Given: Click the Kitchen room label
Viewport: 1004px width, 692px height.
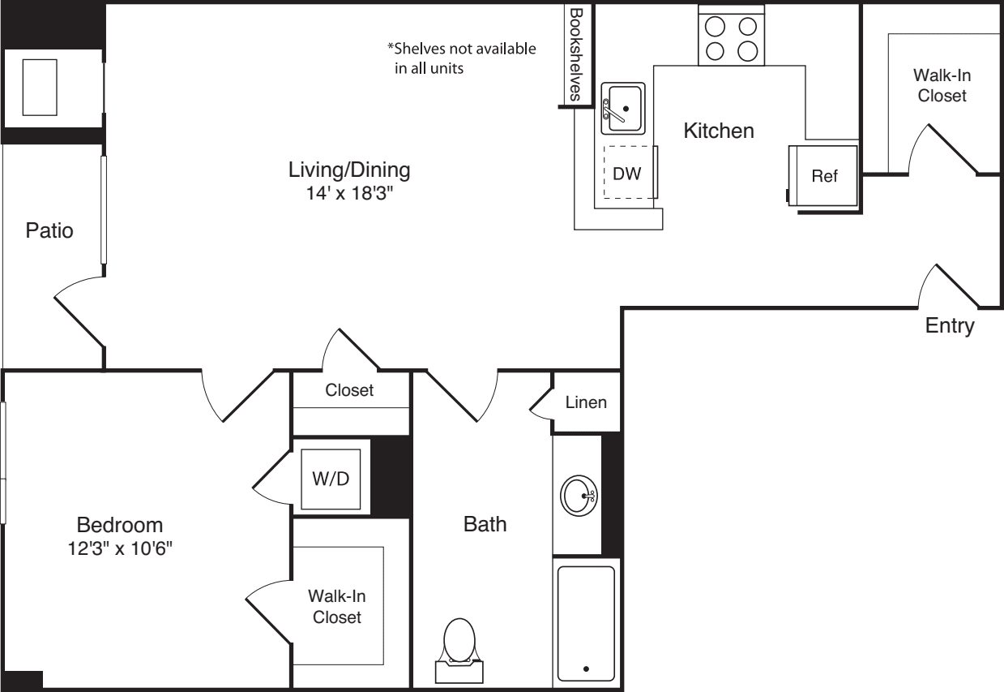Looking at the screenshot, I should point(719,131).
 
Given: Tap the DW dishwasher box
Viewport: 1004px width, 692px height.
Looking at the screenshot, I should point(628,172).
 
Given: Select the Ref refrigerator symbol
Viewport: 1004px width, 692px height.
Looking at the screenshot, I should point(824,176).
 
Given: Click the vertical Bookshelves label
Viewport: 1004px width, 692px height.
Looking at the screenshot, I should point(576,55).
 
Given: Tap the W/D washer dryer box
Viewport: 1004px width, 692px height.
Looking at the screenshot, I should point(331,479).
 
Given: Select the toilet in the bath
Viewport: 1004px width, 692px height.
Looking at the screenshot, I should point(459,645).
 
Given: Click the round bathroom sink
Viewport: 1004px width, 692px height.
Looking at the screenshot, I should point(579,495).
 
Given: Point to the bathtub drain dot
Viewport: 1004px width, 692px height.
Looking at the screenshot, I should point(586,670).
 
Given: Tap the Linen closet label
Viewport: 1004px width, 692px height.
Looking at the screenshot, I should point(586,402).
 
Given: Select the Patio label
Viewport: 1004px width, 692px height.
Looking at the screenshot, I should point(49,230).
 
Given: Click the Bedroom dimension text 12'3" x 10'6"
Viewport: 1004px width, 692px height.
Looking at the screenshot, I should point(120,548).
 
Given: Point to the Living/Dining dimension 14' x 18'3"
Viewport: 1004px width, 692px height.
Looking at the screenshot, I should point(349,194).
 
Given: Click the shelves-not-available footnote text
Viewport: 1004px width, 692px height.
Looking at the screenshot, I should point(461,58).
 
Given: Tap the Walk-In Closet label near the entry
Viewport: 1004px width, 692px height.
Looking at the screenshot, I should point(942,85).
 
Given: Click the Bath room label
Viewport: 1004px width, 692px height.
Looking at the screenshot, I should point(485,524).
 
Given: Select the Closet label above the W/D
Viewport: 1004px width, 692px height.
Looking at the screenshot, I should point(349,390).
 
